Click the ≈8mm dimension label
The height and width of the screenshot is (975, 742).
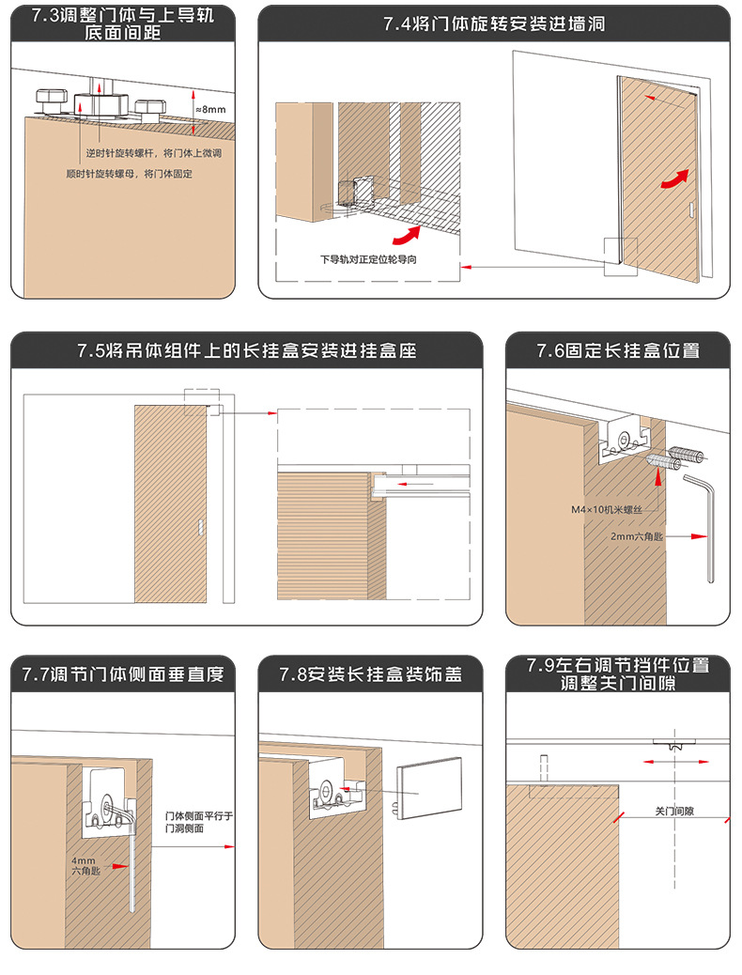209,109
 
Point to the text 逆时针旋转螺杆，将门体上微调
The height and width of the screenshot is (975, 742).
153,152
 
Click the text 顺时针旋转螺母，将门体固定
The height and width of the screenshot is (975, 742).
130,174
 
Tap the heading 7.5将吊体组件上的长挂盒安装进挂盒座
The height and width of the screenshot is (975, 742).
246,350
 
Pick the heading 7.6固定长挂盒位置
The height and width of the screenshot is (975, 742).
618,350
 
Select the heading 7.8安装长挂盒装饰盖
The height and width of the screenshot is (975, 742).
370,673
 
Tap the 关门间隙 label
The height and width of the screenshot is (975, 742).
674,811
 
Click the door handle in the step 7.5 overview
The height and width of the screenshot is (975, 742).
200,529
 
